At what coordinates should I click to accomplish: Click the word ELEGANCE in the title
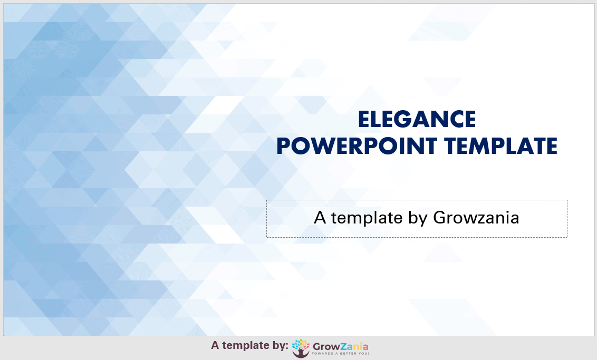click(x=417, y=119)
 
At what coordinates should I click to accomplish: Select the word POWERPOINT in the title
click(x=357, y=146)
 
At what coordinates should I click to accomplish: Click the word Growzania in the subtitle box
click(x=476, y=218)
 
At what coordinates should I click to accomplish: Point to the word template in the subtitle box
click(x=367, y=218)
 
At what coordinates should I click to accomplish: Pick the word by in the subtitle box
click(x=418, y=218)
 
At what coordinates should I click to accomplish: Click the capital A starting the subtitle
click(x=320, y=217)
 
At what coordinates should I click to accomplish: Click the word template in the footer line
click(x=246, y=346)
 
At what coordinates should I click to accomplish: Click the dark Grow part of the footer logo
click(x=326, y=347)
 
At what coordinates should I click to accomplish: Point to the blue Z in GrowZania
click(x=343, y=346)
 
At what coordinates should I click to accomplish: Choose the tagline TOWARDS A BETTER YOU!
click(x=340, y=354)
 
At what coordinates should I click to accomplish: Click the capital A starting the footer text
click(x=215, y=345)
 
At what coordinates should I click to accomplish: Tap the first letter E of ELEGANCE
click(x=363, y=119)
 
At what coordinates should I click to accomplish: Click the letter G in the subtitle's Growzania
click(x=440, y=217)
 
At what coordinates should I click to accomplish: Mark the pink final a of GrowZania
click(x=365, y=347)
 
